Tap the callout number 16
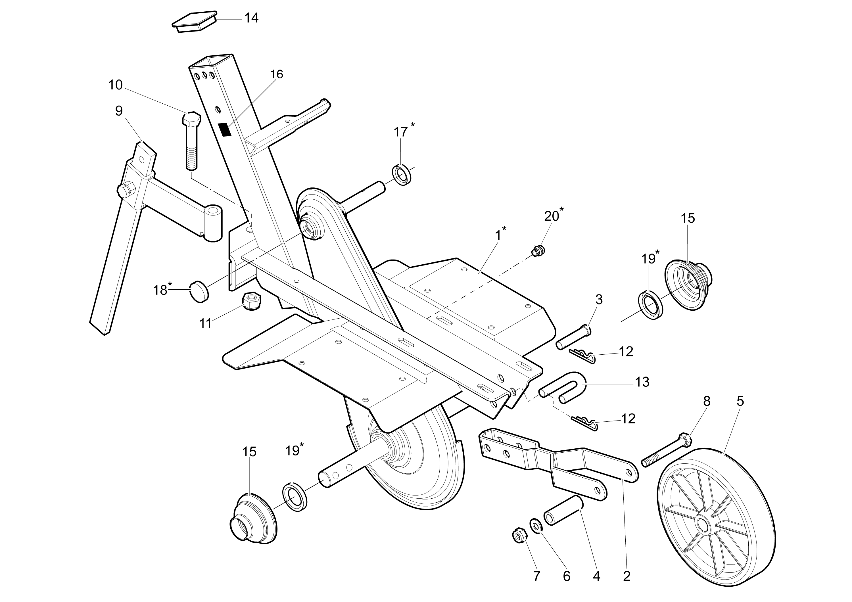tap(276, 75)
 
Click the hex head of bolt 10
tap(191, 119)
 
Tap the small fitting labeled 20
tap(538, 252)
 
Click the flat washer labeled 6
tap(535, 526)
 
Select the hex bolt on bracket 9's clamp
tap(126, 190)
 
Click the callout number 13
tap(642, 382)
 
